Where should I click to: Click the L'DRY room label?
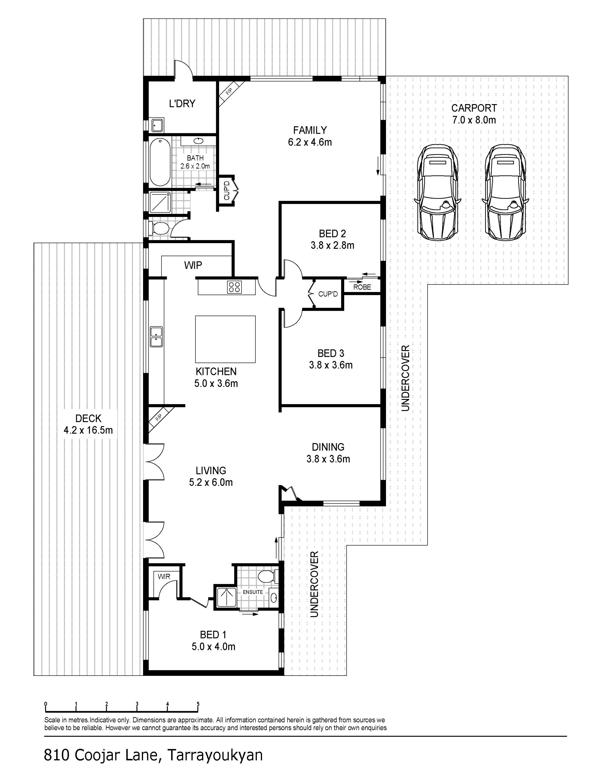pos(182,103)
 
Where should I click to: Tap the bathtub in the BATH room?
pos(160,162)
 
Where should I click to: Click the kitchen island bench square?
pos(225,339)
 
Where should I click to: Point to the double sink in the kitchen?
pos(156,337)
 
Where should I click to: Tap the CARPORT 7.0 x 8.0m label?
pos(474,114)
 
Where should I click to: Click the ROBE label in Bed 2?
pos(362,287)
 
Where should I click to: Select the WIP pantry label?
pos(193,265)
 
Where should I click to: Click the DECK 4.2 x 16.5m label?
pos(88,424)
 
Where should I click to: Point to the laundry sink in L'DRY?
pos(157,125)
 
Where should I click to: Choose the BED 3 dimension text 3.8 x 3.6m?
pos(331,365)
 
